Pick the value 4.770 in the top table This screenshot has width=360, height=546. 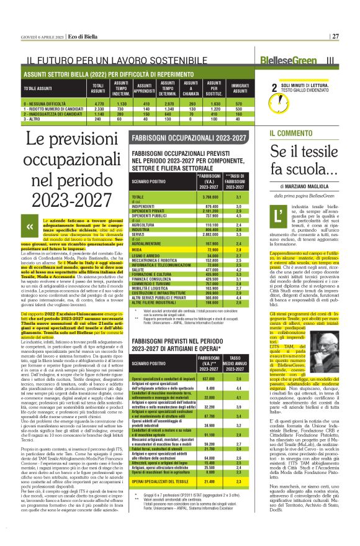(x=98, y=104)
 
